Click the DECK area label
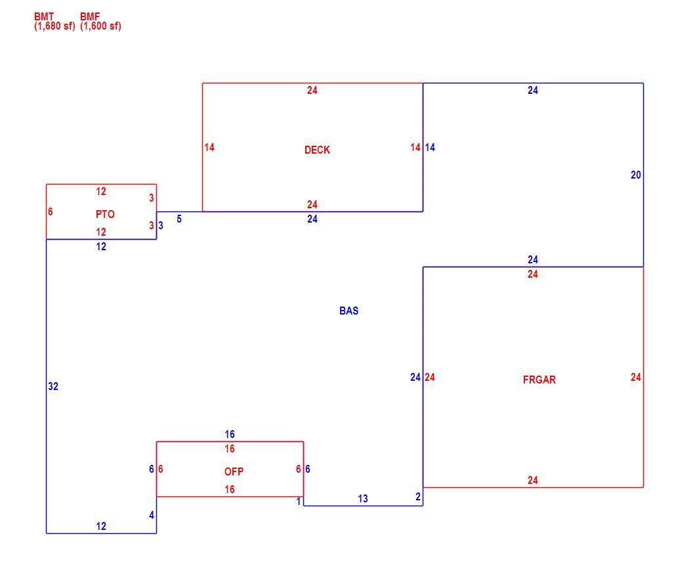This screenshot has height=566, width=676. [317, 150]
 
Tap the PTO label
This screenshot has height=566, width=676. [105, 214]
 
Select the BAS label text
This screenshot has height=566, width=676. [349, 311]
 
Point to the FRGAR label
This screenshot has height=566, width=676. [539, 380]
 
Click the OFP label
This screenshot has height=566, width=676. [234, 471]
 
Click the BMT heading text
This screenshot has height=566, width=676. [44, 16]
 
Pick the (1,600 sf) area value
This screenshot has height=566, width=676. [100, 26]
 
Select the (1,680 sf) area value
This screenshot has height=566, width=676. [54, 26]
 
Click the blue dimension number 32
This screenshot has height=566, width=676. [53, 386]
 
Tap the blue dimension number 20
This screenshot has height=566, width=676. [636, 175]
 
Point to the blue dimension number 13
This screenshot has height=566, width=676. [363, 499]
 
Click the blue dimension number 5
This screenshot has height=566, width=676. [179, 219]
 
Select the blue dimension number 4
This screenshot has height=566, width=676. [152, 515]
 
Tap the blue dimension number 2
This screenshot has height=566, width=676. [418, 496]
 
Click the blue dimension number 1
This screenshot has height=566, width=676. [299, 501]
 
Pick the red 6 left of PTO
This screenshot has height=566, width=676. [51, 211]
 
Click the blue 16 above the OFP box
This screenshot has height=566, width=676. [230, 434]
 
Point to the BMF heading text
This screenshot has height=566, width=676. [90, 16]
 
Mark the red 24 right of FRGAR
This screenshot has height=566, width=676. [636, 377]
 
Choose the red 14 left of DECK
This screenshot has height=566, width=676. [209, 148]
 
